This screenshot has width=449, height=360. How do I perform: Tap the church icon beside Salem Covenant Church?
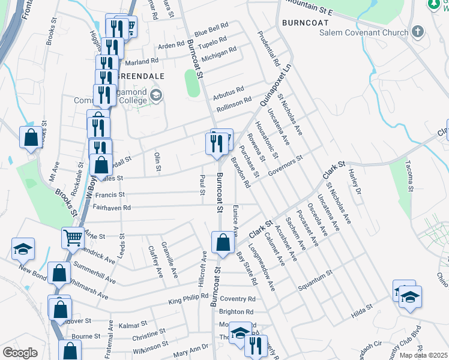tap(418, 32)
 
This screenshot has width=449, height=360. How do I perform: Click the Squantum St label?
tap(316, 278)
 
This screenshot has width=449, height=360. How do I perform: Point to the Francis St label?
tap(110, 194)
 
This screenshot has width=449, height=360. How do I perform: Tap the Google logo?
tap(20, 352)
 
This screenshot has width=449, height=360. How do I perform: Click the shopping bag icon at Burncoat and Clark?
tap(223, 243)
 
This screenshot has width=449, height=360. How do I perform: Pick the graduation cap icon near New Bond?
tap(23, 249)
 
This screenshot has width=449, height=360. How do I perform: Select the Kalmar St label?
tap(129, 325)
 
